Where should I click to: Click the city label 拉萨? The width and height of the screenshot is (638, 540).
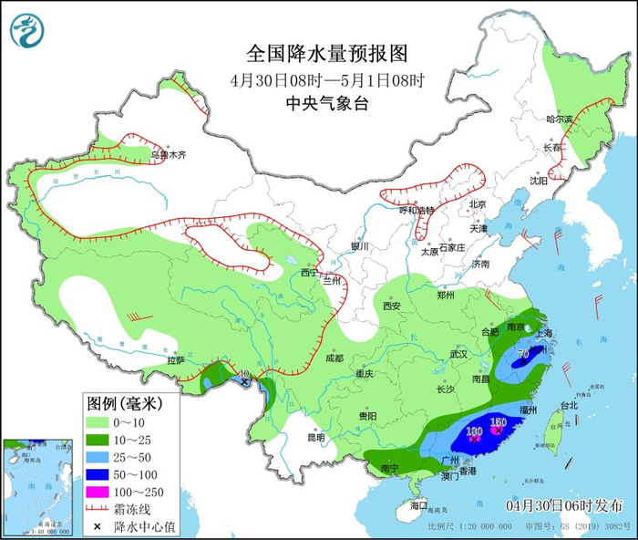tap(176, 360)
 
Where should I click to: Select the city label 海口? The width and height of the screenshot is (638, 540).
tap(418, 504)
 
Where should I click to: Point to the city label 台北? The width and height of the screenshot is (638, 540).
tap(569, 405)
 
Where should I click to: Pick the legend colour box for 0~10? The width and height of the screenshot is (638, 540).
tap(99, 422)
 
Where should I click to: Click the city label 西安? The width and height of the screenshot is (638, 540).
tap(392, 306)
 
